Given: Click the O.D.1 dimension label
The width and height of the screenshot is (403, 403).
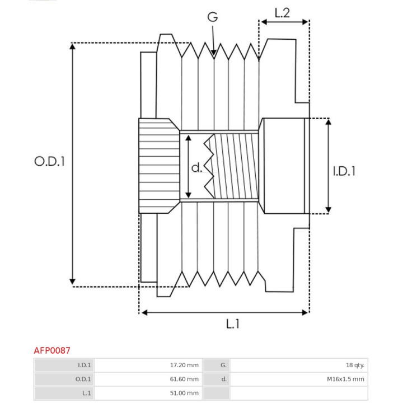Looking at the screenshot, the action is [49, 161].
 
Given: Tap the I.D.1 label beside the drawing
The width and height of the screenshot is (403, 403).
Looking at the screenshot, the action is [344, 171].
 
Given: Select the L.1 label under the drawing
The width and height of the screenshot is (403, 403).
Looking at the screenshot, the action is [233, 324].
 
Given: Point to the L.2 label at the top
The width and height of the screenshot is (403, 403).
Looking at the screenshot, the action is [282, 13].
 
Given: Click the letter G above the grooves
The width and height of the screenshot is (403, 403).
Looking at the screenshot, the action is [213, 17].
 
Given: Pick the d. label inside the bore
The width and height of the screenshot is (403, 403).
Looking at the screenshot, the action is [197, 167].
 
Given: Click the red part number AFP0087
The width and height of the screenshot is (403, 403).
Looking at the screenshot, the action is [52, 350].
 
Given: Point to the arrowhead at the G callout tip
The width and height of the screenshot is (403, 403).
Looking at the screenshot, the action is [214, 53].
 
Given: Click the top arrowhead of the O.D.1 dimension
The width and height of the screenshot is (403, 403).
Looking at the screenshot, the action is [72, 46].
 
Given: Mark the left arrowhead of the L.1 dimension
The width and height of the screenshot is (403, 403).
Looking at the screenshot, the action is [144, 312].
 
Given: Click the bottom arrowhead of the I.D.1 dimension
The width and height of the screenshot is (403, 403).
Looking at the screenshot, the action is [328, 210].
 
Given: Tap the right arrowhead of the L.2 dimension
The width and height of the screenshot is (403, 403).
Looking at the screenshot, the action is [305, 22].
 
